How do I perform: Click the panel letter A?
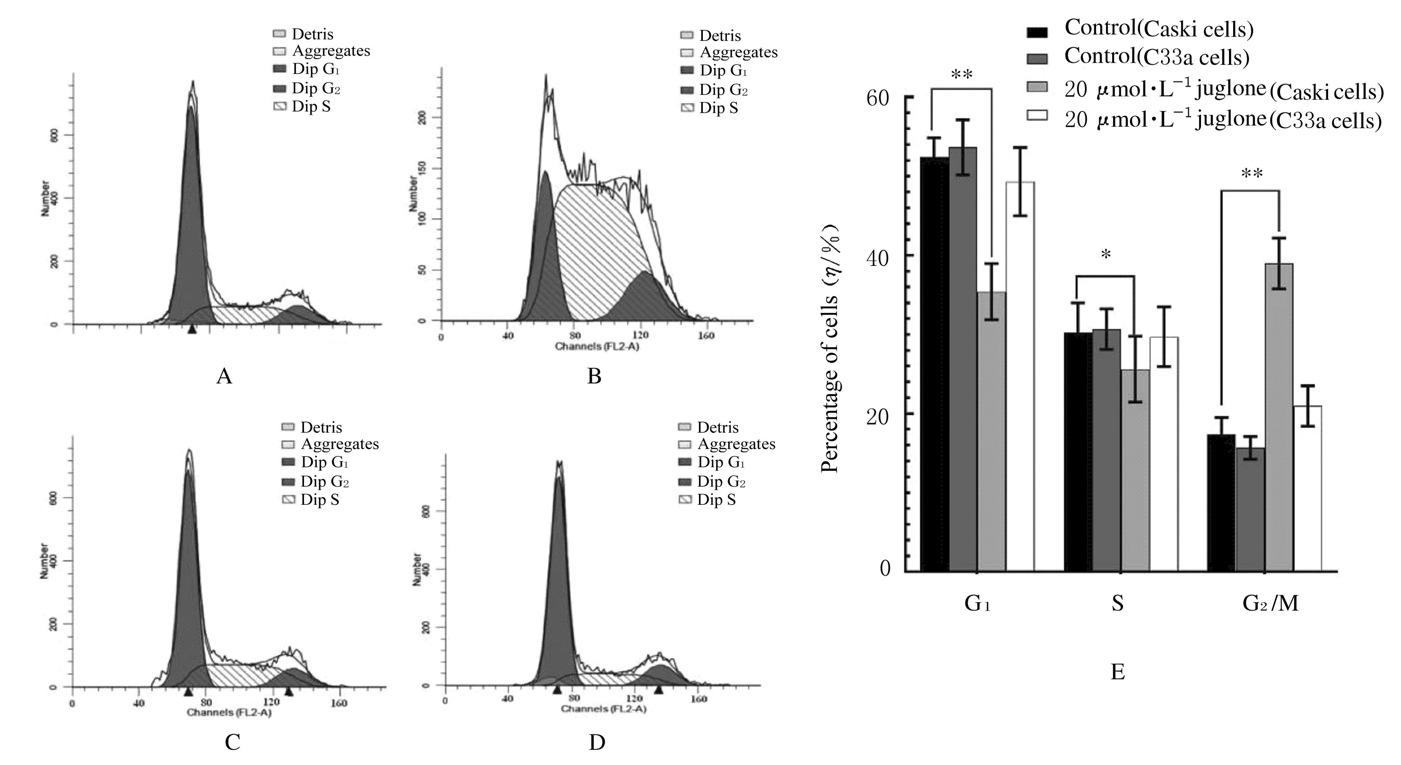[x=224, y=376]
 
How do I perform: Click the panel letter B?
[x=594, y=376]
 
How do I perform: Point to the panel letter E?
[x=1117, y=672]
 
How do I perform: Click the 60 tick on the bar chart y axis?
[x=877, y=98]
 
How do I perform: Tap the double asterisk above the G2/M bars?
[x=1251, y=174]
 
